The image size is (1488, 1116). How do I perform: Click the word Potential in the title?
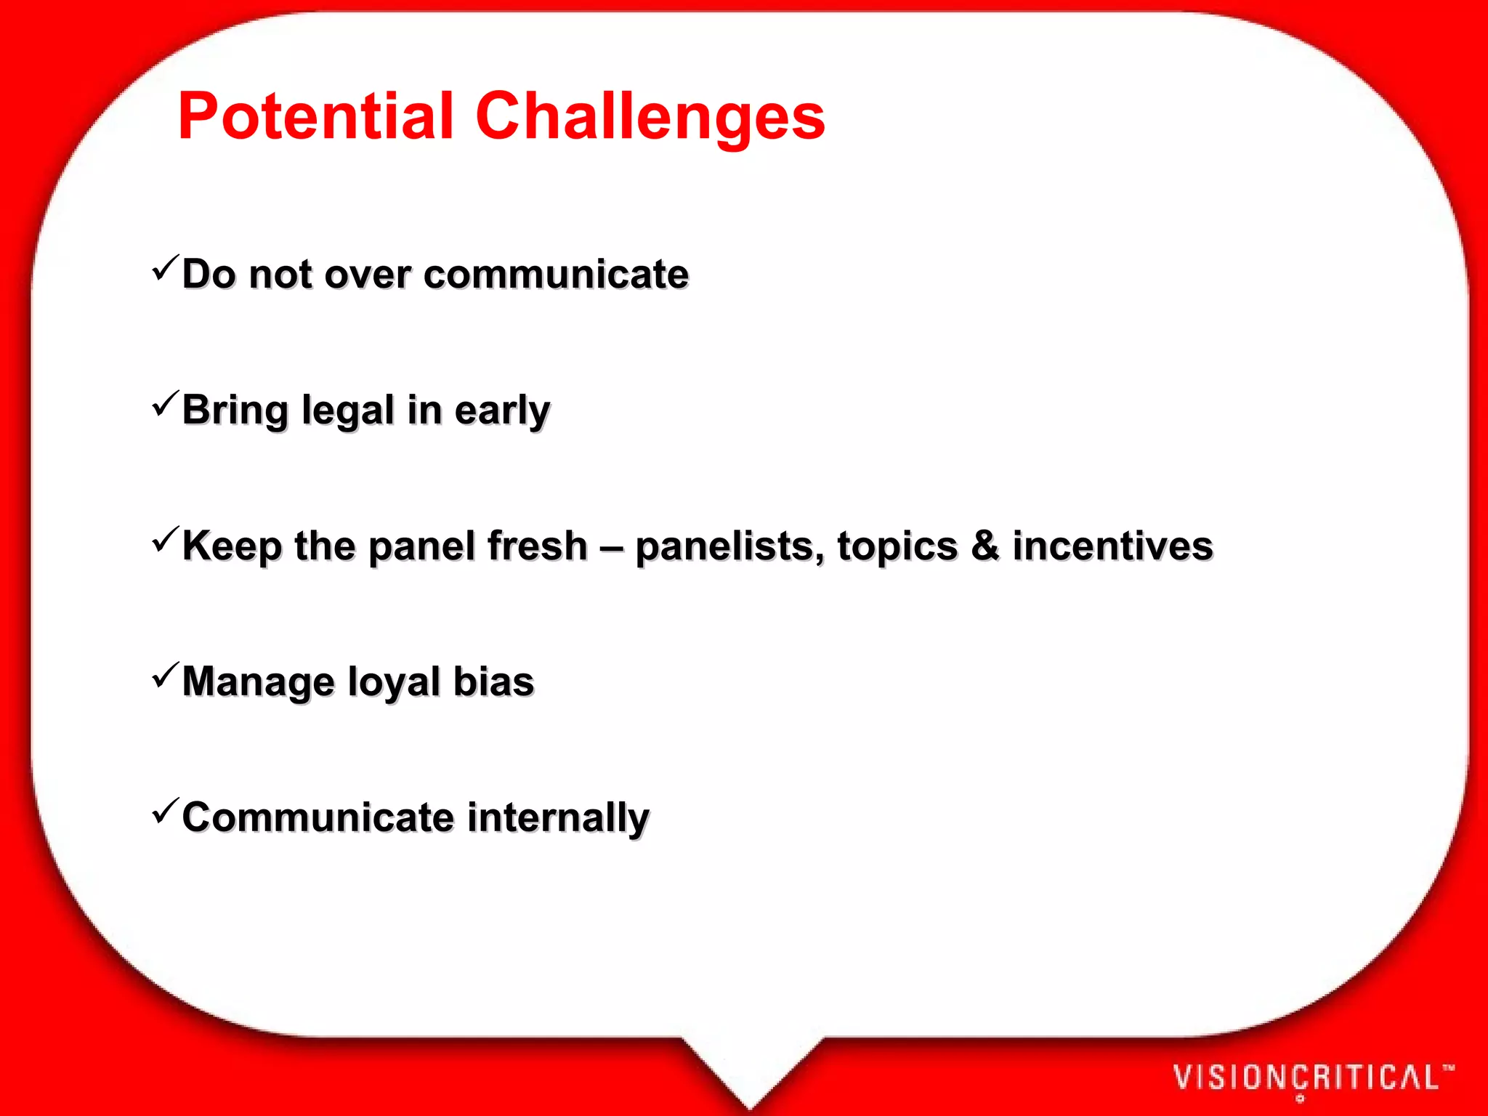(315, 116)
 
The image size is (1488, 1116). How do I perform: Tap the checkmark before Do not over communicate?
(165, 268)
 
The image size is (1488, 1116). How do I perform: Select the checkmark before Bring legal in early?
(165, 404)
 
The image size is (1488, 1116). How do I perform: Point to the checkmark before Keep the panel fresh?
(165, 540)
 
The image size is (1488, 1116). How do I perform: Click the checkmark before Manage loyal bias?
(165, 676)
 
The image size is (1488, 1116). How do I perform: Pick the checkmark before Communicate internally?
(165, 812)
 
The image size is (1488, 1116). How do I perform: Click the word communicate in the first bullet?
(556, 275)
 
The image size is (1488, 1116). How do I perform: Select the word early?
(502, 411)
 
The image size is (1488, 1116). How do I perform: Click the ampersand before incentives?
(985, 546)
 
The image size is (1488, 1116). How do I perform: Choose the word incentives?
(1112, 546)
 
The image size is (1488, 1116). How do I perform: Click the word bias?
(493, 682)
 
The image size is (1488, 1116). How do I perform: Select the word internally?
(558, 818)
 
